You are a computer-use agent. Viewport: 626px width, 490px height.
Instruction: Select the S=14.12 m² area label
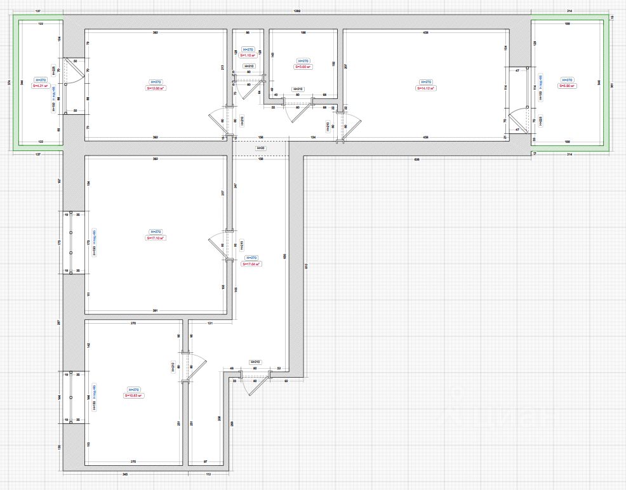[x=427, y=88]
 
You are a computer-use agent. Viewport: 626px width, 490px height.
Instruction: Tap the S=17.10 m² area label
[x=156, y=238]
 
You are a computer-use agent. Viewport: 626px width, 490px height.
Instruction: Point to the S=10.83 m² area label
[x=134, y=395]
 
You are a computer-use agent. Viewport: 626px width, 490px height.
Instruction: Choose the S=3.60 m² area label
[x=302, y=66]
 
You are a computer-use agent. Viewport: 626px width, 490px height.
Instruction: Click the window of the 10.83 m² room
[x=71, y=397]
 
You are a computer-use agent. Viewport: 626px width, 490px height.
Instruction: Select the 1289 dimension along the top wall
[x=297, y=11]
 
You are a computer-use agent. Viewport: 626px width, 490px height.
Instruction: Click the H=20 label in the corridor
[x=260, y=148]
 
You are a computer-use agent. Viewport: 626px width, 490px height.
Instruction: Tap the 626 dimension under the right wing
[x=417, y=159]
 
